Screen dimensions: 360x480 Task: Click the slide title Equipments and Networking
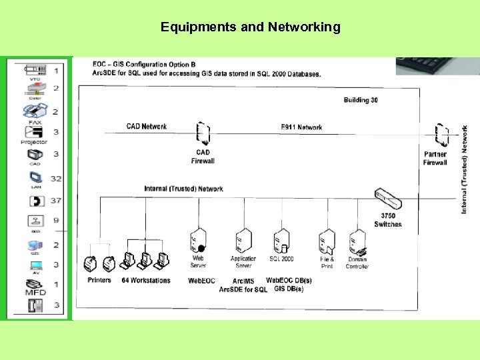tap(250, 27)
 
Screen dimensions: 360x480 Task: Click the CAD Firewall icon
tap(203, 134)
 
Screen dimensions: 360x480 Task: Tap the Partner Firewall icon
tap(441, 136)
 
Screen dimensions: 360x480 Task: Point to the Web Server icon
tap(197, 241)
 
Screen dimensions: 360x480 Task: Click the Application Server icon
tap(243, 240)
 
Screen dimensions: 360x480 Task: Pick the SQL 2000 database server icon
tap(281, 241)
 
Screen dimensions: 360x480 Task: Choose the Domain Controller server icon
tap(358, 241)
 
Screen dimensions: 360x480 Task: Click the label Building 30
tap(361, 101)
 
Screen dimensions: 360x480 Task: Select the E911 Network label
tap(301, 127)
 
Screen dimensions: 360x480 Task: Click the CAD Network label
tap(147, 127)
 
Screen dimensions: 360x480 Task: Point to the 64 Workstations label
tap(146, 281)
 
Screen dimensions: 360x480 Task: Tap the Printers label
tap(99, 281)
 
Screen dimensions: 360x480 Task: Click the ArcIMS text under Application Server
tap(243, 281)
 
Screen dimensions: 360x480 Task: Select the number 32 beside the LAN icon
tap(56, 179)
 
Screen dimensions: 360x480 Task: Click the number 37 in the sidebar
tap(56, 201)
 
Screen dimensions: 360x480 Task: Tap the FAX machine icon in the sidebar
tap(35, 111)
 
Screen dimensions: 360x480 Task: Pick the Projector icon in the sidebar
tap(34, 132)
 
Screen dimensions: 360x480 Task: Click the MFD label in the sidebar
tap(35, 292)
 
